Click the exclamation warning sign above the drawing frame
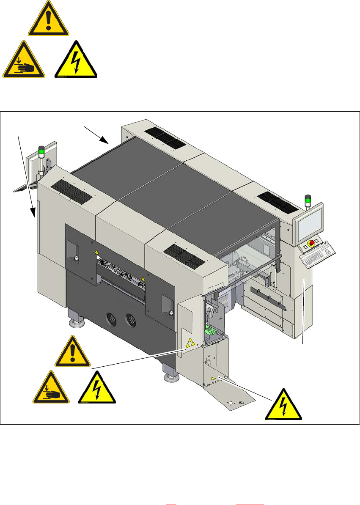(48, 19)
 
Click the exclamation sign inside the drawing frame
(72, 352)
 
